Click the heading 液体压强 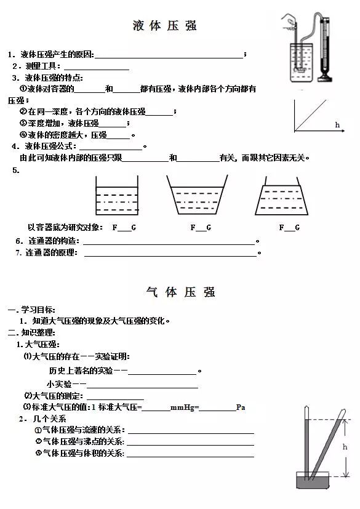pyautogui.click(x=165, y=26)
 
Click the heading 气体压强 pyautogui.click(x=181, y=292)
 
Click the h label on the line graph pyautogui.click(x=337, y=125)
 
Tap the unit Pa pyautogui.click(x=241, y=407)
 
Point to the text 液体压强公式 pyautogui.click(x=49, y=146)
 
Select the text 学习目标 pyautogui.click(x=39, y=310)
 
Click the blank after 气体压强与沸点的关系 pyautogui.click(x=190, y=442)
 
